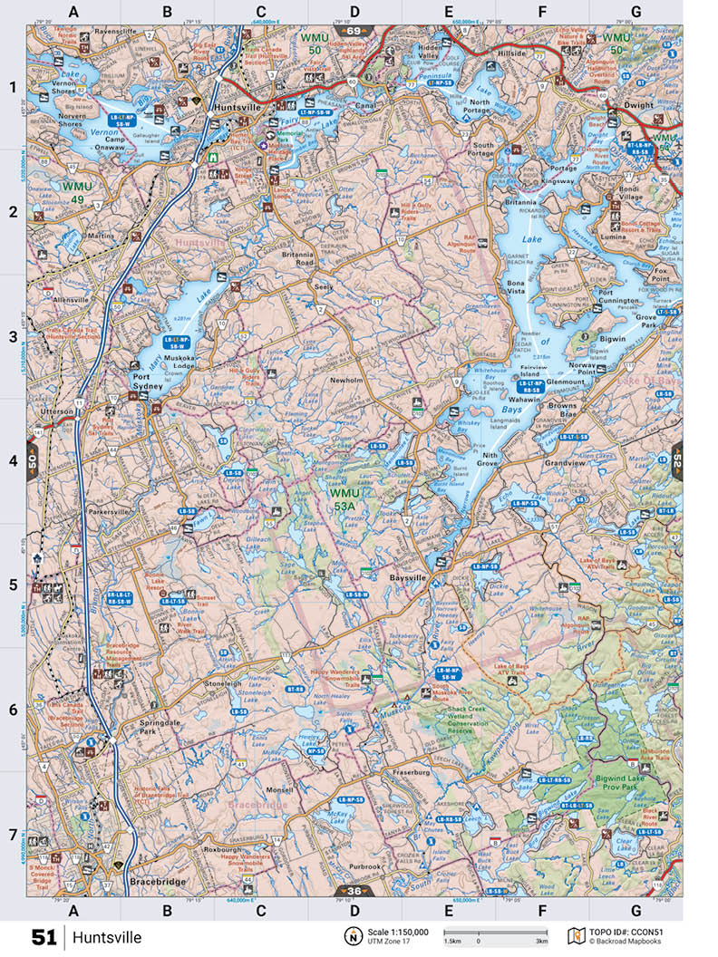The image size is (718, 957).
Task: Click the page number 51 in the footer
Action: (x=43, y=936)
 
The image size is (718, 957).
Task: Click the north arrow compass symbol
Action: (x=351, y=936)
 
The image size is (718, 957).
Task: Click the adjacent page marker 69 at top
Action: (x=353, y=31)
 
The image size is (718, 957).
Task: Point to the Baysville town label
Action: (x=407, y=576)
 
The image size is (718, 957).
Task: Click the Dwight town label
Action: (x=639, y=105)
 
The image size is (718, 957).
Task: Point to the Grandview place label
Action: (x=566, y=463)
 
